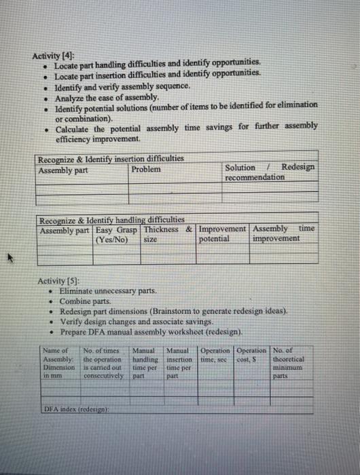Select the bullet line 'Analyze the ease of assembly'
(x=101, y=97)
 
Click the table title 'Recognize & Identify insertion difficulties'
(x=111, y=159)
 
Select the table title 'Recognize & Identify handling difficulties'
(x=112, y=220)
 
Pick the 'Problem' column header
(x=146, y=168)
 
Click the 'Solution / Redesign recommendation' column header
(x=269, y=172)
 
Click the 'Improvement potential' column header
(x=223, y=234)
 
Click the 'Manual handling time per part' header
(x=147, y=362)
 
